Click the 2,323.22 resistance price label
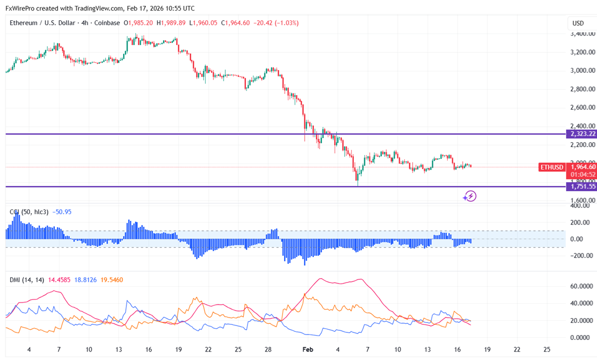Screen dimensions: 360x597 tap(582, 134)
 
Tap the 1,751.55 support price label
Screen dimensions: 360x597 tap(582, 186)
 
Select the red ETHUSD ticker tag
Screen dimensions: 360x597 tap(551, 167)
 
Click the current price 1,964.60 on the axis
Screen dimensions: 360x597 tap(583, 167)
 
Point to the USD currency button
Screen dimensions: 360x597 tap(578, 23)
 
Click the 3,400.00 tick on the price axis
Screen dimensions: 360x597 tap(582, 34)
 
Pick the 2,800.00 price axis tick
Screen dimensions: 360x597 tap(582, 89)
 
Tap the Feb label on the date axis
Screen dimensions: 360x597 tap(308, 350)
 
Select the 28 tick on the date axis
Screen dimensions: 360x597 tap(268, 350)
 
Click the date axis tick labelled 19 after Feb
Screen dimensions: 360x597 tap(487, 350)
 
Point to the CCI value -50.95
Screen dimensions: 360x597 tap(62, 212)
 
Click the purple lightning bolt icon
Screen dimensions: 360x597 tap(470, 196)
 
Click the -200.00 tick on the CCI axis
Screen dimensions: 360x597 tap(581, 255)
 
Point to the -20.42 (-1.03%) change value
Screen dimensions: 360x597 tap(276, 23)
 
